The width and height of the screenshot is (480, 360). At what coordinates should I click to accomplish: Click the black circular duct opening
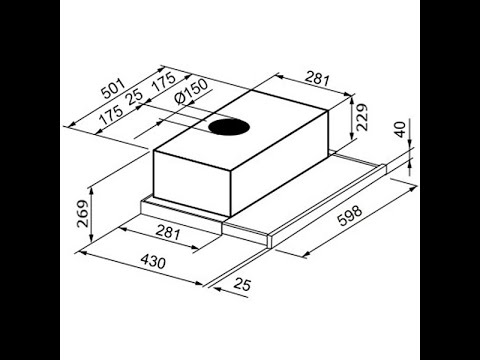[x=229, y=127]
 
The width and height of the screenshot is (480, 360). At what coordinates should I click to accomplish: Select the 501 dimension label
[x=113, y=89]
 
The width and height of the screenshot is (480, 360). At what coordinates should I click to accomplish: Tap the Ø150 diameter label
[x=191, y=92]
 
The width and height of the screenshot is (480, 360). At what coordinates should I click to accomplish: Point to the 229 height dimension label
[x=361, y=117]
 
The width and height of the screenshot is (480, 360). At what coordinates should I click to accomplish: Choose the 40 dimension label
[x=400, y=129]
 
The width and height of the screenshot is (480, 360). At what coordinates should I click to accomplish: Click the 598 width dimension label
[x=349, y=216]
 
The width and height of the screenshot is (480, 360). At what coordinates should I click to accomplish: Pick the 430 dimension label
[x=153, y=261]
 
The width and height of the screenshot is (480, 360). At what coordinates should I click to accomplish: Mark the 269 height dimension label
[x=83, y=214]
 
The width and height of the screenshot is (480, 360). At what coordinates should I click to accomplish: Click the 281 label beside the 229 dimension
[x=317, y=79]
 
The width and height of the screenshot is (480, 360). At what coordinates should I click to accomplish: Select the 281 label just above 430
[x=168, y=233]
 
